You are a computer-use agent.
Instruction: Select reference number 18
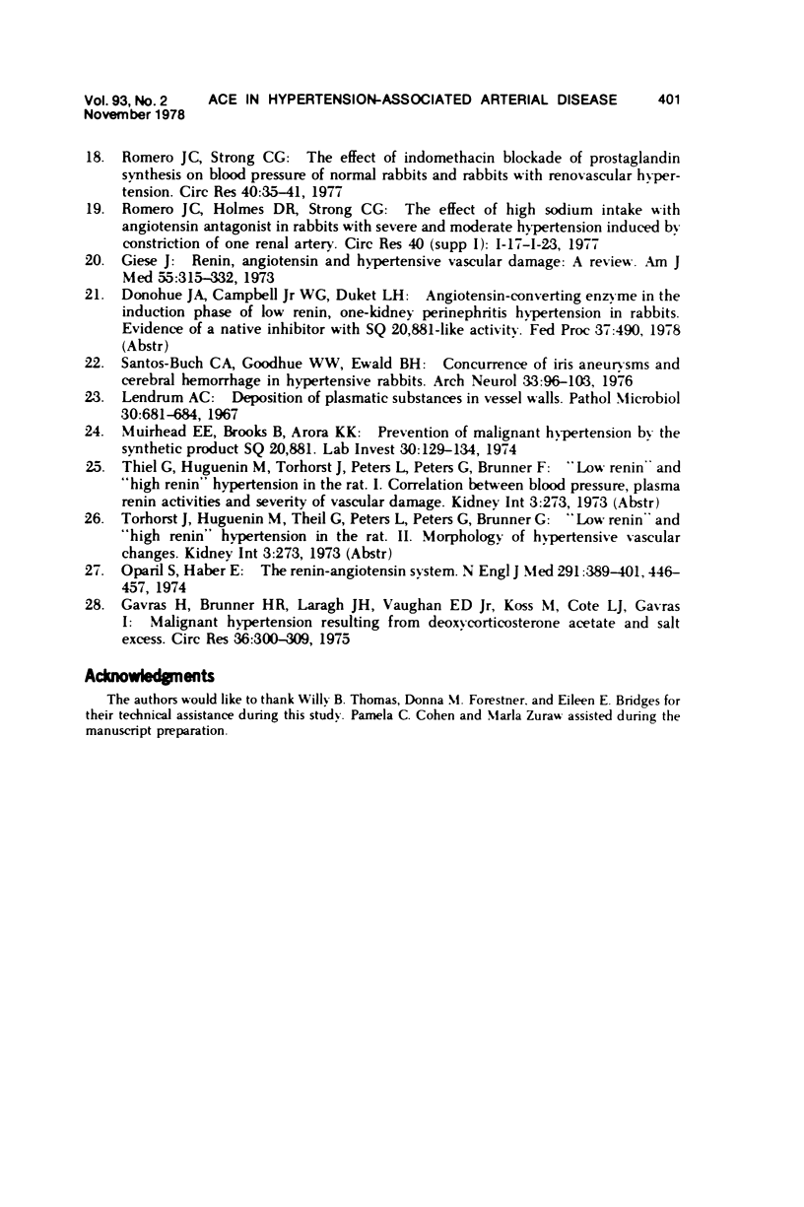coord(98,158)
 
